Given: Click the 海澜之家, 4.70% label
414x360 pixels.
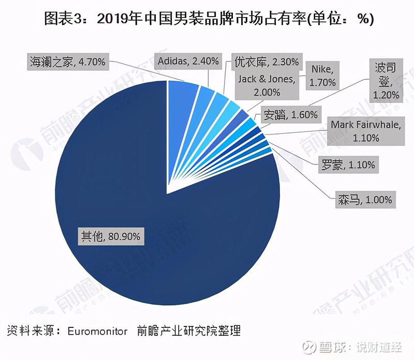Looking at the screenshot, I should pos(68,62).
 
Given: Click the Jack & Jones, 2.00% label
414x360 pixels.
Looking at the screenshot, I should pos(266,85).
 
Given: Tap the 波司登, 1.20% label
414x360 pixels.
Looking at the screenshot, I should pos(386,81).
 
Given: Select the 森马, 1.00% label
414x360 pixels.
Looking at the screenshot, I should pos(364,199).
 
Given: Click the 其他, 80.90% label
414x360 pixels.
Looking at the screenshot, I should pos(110,237).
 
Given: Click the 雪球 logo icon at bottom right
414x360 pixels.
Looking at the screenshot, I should pos(309,346).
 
